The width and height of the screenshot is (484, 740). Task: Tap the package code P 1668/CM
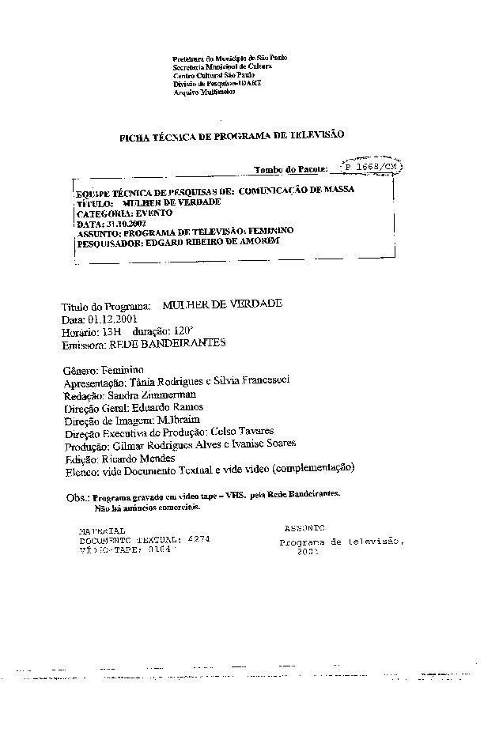point(371,168)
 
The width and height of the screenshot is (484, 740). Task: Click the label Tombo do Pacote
point(290,170)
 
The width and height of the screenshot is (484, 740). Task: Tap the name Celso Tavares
point(247,432)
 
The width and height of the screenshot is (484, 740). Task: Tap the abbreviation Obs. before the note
point(76,498)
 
